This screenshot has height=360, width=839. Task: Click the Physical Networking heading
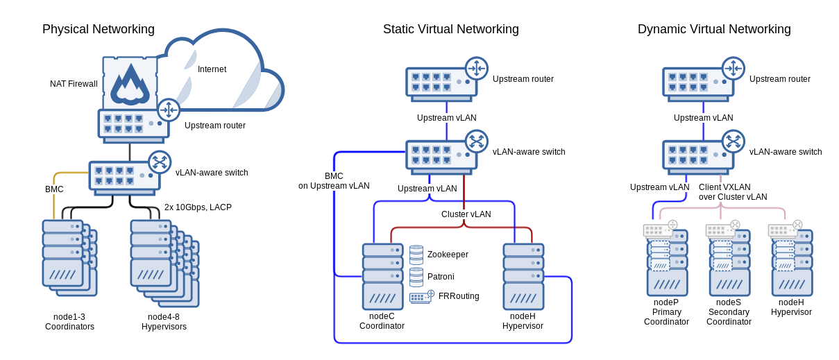99,29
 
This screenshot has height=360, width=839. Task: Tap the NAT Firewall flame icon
130,85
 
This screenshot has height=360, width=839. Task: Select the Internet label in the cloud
212,69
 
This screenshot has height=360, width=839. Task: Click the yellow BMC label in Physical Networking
54,189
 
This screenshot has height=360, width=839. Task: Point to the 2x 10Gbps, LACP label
198,207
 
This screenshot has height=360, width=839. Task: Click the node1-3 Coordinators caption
69,322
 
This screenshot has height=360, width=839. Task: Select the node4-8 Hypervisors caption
164,322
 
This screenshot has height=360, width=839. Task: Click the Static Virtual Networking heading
450,29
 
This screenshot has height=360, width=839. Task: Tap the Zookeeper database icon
416,255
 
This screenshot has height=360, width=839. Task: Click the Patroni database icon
416,277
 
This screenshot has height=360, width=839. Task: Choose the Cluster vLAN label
466,214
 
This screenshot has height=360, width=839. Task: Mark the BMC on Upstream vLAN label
334,181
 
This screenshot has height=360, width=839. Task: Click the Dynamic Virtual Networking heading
714,29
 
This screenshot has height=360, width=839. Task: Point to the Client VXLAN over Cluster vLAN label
733,192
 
